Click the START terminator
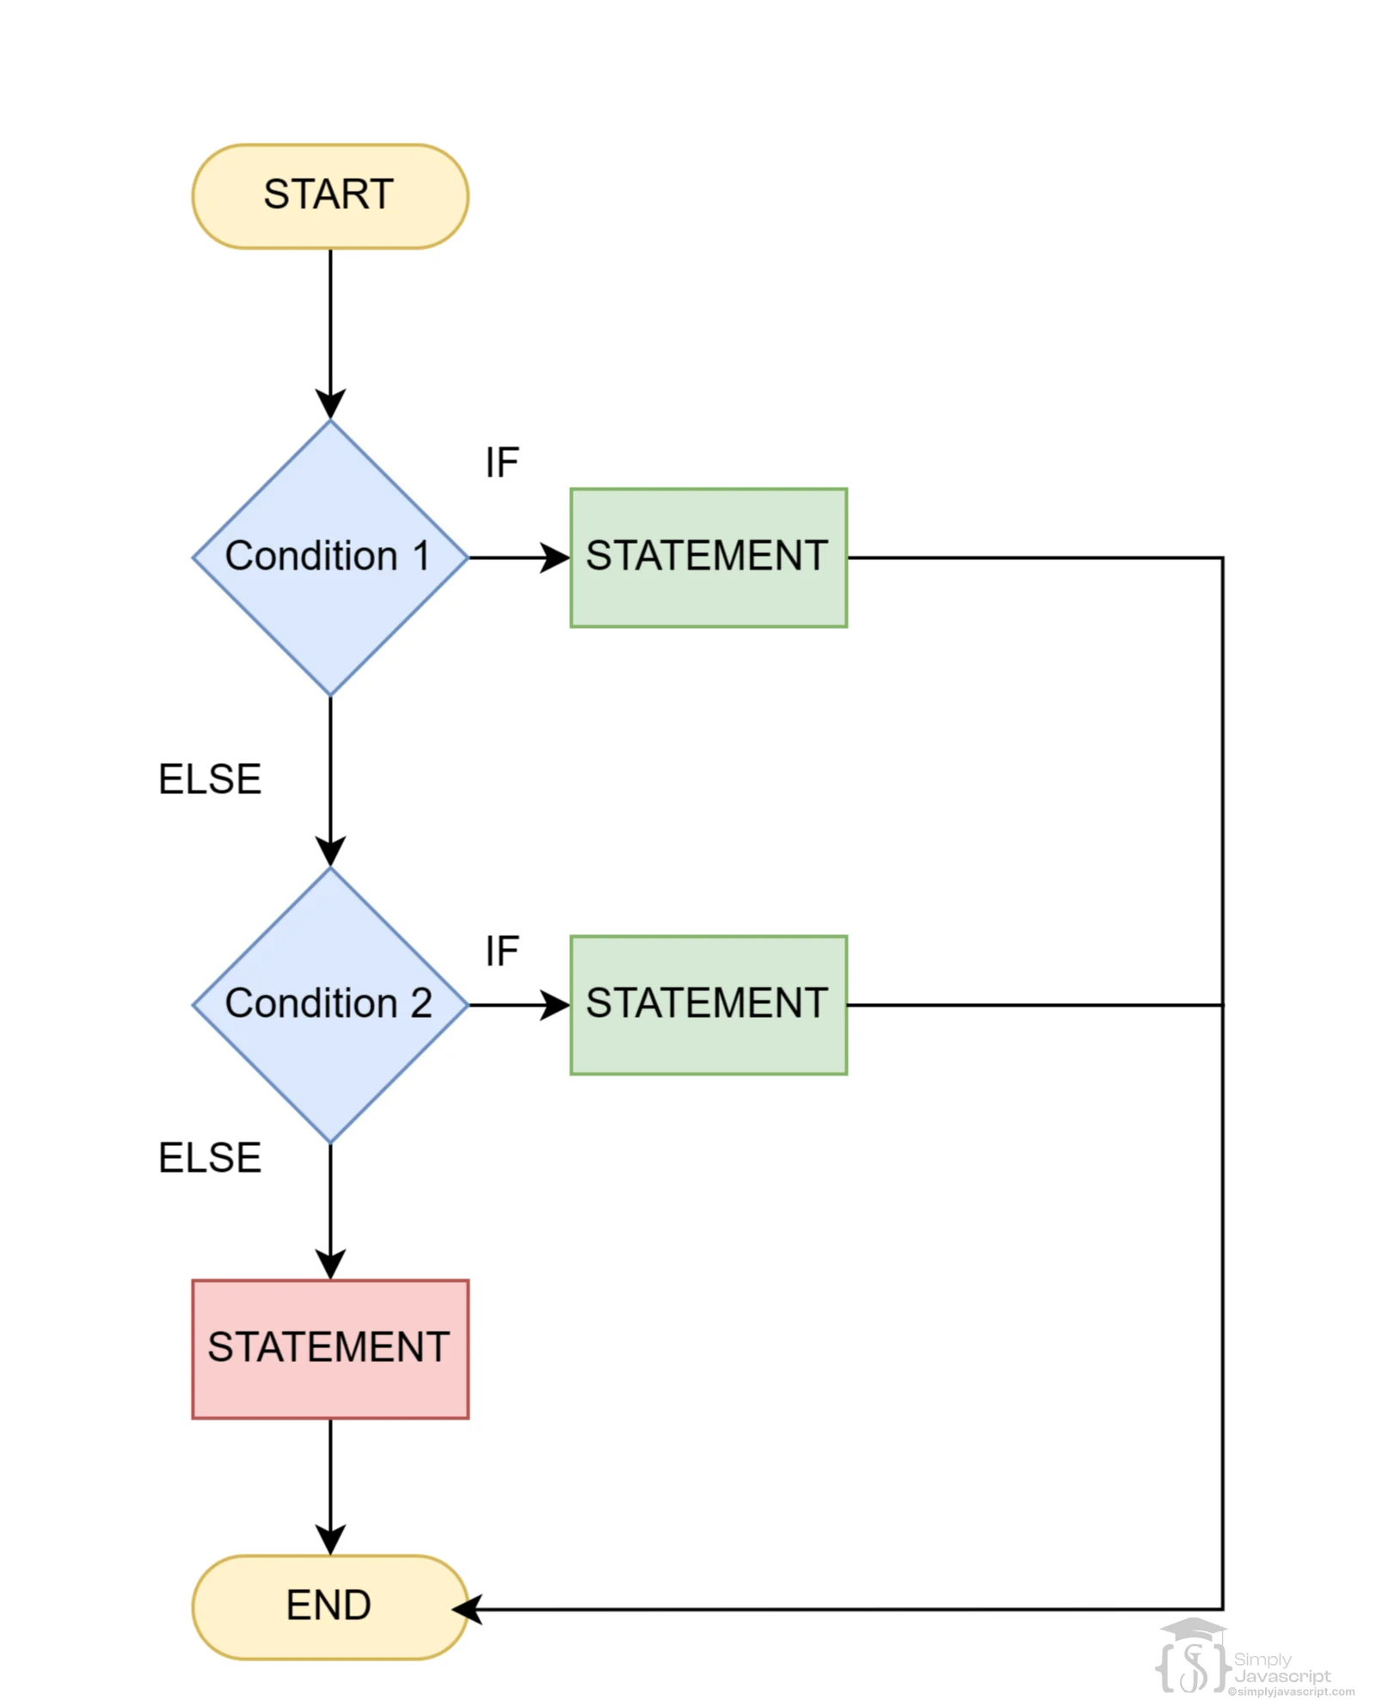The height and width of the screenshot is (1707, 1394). click(x=329, y=196)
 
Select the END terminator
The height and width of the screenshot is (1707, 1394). click(x=329, y=1605)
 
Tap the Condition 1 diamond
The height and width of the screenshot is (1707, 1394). click(x=329, y=557)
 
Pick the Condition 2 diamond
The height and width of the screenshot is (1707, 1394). click(x=329, y=1004)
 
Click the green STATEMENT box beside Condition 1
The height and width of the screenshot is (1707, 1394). click(x=708, y=557)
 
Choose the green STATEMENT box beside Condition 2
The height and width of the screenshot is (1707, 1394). click(x=708, y=1004)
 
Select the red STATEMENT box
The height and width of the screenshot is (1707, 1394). click(x=329, y=1348)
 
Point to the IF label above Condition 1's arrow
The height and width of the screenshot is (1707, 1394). click(x=501, y=463)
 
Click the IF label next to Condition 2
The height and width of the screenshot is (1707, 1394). click(x=501, y=952)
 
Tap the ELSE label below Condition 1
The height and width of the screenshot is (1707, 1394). click(x=210, y=780)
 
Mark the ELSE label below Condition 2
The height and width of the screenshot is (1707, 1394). click(x=210, y=1158)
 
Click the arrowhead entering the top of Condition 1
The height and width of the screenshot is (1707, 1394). click(x=330, y=404)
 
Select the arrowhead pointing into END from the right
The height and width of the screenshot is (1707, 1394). click(x=467, y=1609)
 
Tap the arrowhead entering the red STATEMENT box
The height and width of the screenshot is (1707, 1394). click(x=330, y=1265)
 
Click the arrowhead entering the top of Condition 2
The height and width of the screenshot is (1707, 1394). click(x=330, y=852)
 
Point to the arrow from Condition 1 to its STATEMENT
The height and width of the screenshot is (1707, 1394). click(x=516, y=558)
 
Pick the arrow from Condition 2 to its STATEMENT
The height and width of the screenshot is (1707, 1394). click(x=516, y=1005)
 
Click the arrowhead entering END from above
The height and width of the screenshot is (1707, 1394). click(x=330, y=1540)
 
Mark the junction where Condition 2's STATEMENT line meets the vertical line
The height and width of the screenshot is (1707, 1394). click(x=1222, y=1005)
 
